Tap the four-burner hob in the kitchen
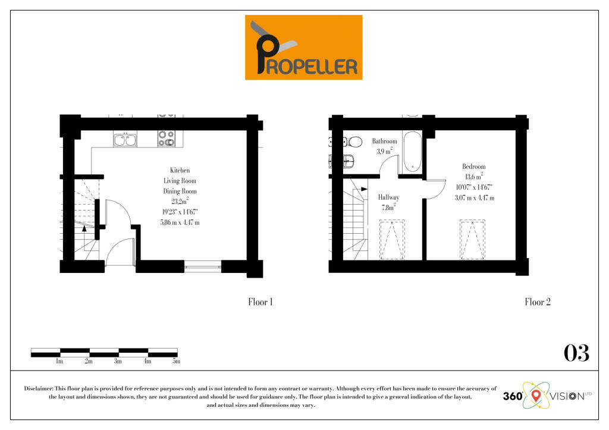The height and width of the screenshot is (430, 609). tap(166, 139)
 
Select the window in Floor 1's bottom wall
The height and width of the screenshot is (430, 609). tap(203, 267)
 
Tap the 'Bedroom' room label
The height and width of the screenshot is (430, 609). tap(473, 167)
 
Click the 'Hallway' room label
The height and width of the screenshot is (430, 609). tap(388, 197)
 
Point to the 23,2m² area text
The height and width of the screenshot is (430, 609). tap(180, 202)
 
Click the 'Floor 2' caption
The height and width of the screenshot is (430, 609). tap(537, 302)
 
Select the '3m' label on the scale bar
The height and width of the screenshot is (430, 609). tap(118, 361)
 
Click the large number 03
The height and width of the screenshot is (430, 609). tap(576, 353)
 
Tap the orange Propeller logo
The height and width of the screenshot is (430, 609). tap(303, 48)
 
